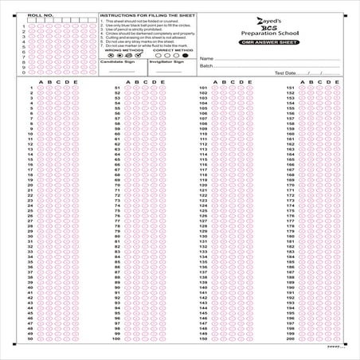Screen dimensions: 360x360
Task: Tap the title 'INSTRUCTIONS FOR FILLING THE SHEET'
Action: (x=147, y=15)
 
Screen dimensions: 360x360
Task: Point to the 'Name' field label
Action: (x=205, y=59)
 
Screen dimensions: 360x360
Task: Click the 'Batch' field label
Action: (x=206, y=66)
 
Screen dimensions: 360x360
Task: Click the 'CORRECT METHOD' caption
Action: (x=173, y=49)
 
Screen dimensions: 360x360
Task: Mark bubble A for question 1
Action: (x=40, y=88)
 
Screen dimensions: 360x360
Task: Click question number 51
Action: (x=117, y=88)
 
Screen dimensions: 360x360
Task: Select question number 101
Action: (x=204, y=88)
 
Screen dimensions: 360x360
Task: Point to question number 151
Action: (x=291, y=88)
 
